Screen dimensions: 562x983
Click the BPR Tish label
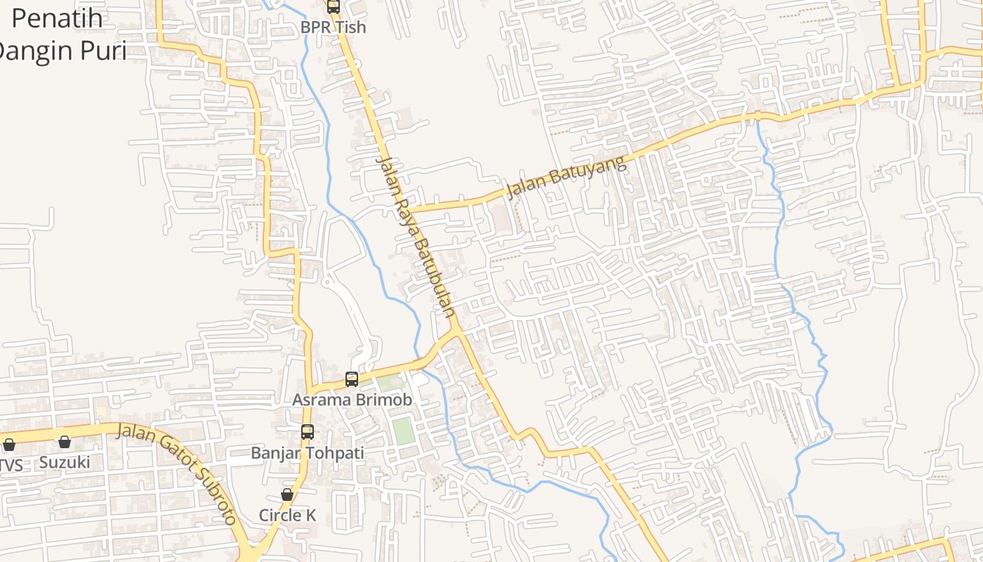click(334, 27)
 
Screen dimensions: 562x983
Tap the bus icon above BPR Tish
click(334, 7)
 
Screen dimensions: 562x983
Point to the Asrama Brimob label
click(352, 400)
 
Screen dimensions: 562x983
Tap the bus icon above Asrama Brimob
click(352, 379)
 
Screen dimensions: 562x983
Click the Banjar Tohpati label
click(308, 453)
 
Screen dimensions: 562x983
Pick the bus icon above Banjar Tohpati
click(308, 432)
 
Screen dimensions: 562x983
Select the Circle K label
click(287, 515)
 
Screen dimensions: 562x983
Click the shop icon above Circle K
click(287, 495)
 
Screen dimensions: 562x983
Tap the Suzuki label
click(65, 462)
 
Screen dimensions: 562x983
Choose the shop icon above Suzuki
click(65, 442)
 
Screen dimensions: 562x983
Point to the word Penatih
click(57, 18)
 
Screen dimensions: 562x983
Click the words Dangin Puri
click(62, 51)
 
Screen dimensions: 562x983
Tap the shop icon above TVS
click(9, 445)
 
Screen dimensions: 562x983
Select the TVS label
click(10, 465)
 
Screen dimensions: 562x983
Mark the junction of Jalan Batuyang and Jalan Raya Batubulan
click(408, 209)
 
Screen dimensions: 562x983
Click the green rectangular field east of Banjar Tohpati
click(403, 430)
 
